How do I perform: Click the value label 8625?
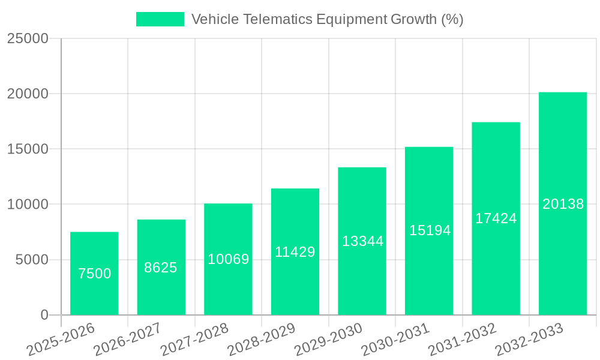click(x=161, y=268)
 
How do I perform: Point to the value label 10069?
click(x=228, y=259)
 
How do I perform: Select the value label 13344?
click(x=362, y=241)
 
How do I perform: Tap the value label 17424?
click(x=496, y=218)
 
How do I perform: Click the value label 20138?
click(x=563, y=204)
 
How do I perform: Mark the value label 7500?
click(x=94, y=274)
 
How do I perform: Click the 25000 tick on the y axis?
click(x=28, y=38)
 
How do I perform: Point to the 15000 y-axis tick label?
click(x=28, y=149)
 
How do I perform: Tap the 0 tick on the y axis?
click(x=44, y=315)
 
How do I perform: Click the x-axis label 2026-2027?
click(x=127, y=338)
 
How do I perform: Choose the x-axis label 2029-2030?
click(x=329, y=338)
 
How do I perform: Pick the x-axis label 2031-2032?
click(x=463, y=338)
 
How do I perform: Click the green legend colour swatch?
click(x=160, y=19)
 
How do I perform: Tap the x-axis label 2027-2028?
click(x=194, y=338)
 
